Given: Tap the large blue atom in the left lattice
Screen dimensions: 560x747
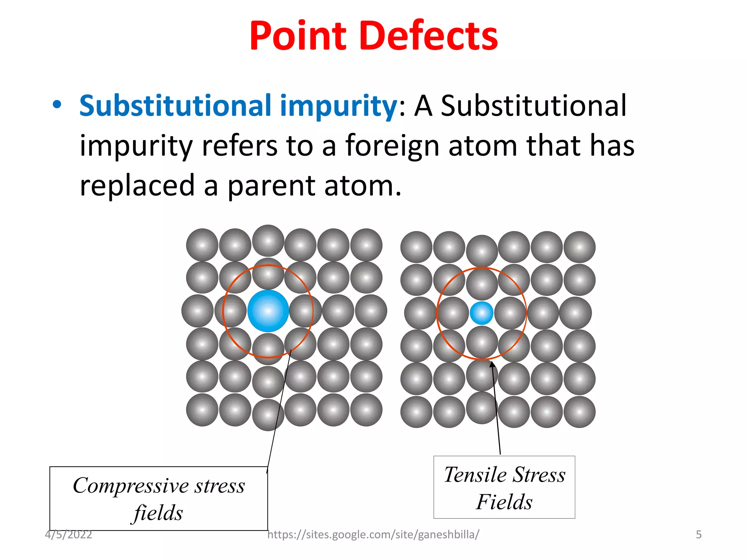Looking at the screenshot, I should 268,311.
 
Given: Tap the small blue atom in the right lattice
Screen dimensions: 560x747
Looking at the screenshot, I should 481,313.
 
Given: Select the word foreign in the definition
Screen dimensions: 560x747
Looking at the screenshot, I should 392,146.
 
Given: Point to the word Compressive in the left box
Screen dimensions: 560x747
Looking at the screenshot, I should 129,486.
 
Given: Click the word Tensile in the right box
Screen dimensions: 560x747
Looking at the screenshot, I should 475,475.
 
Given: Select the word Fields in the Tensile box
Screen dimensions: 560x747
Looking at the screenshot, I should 504,502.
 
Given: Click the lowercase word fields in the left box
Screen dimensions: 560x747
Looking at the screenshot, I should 158,513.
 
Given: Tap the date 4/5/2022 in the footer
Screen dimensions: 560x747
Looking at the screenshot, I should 69,534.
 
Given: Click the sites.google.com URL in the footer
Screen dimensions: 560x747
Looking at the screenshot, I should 373,534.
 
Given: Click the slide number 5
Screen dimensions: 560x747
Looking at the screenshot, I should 698,534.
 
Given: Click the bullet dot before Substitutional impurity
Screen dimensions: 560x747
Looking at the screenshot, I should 57,105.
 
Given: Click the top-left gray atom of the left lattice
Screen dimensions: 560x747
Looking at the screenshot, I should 202,245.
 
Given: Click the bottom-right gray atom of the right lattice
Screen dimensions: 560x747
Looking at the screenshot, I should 579,412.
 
